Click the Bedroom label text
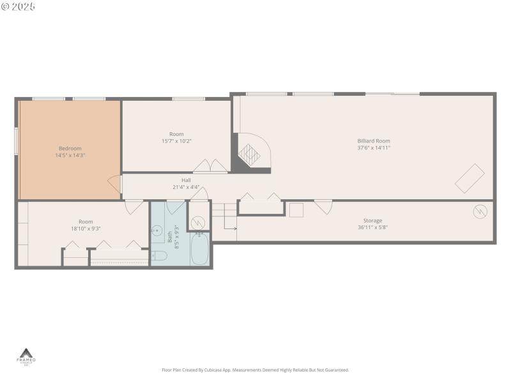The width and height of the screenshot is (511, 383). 70,149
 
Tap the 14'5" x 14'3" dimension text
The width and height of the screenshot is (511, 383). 70,155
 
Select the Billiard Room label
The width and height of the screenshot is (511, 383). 374,141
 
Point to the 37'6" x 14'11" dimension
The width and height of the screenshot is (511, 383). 374,147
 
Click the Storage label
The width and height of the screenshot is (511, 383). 373,221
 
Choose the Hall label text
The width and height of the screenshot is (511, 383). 186,181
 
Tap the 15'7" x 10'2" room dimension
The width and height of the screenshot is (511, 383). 176,141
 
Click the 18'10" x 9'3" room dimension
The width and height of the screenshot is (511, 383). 86,229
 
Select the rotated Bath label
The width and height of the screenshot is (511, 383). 170,237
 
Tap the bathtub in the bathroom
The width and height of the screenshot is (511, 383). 199,250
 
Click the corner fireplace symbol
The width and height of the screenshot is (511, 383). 250,153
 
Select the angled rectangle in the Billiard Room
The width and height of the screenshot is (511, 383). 469,178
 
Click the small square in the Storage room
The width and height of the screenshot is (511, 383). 296,210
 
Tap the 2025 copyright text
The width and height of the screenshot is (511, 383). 19,6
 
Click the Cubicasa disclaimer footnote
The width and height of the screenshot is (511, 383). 256,370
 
